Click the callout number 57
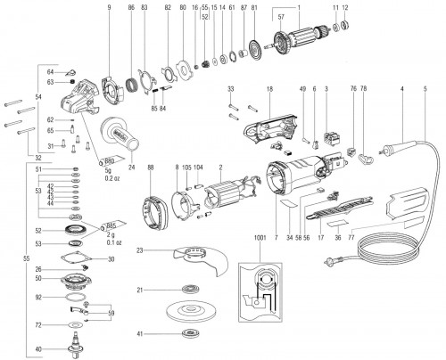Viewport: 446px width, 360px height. coord(282,18)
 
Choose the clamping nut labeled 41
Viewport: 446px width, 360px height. coord(189,334)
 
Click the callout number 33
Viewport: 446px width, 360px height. coord(230,89)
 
